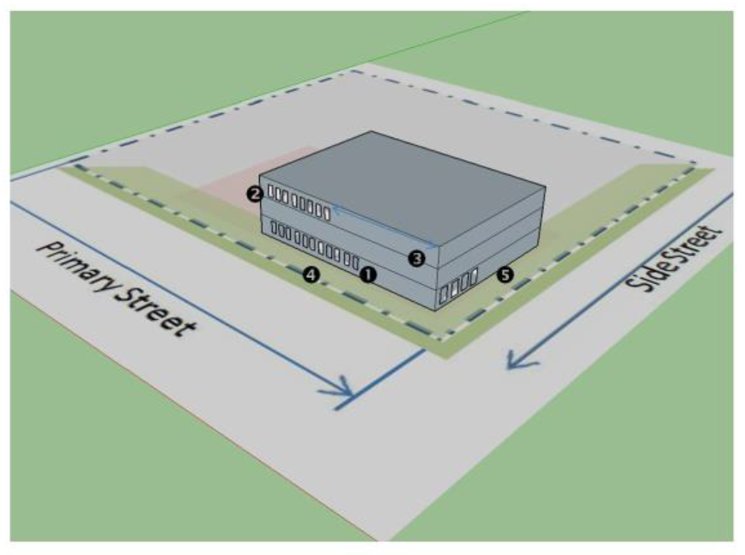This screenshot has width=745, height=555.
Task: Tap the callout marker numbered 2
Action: click(x=253, y=193)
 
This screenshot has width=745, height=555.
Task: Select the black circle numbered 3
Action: click(x=417, y=256)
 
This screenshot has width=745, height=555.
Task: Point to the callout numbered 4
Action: click(x=312, y=274)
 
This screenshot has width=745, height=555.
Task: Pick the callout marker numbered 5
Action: click(x=505, y=274)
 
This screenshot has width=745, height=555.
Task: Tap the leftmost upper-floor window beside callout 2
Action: click(x=270, y=192)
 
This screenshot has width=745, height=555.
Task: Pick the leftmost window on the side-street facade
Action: click(x=444, y=294)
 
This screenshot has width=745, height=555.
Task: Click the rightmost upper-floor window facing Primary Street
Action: click(x=327, y=211)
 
